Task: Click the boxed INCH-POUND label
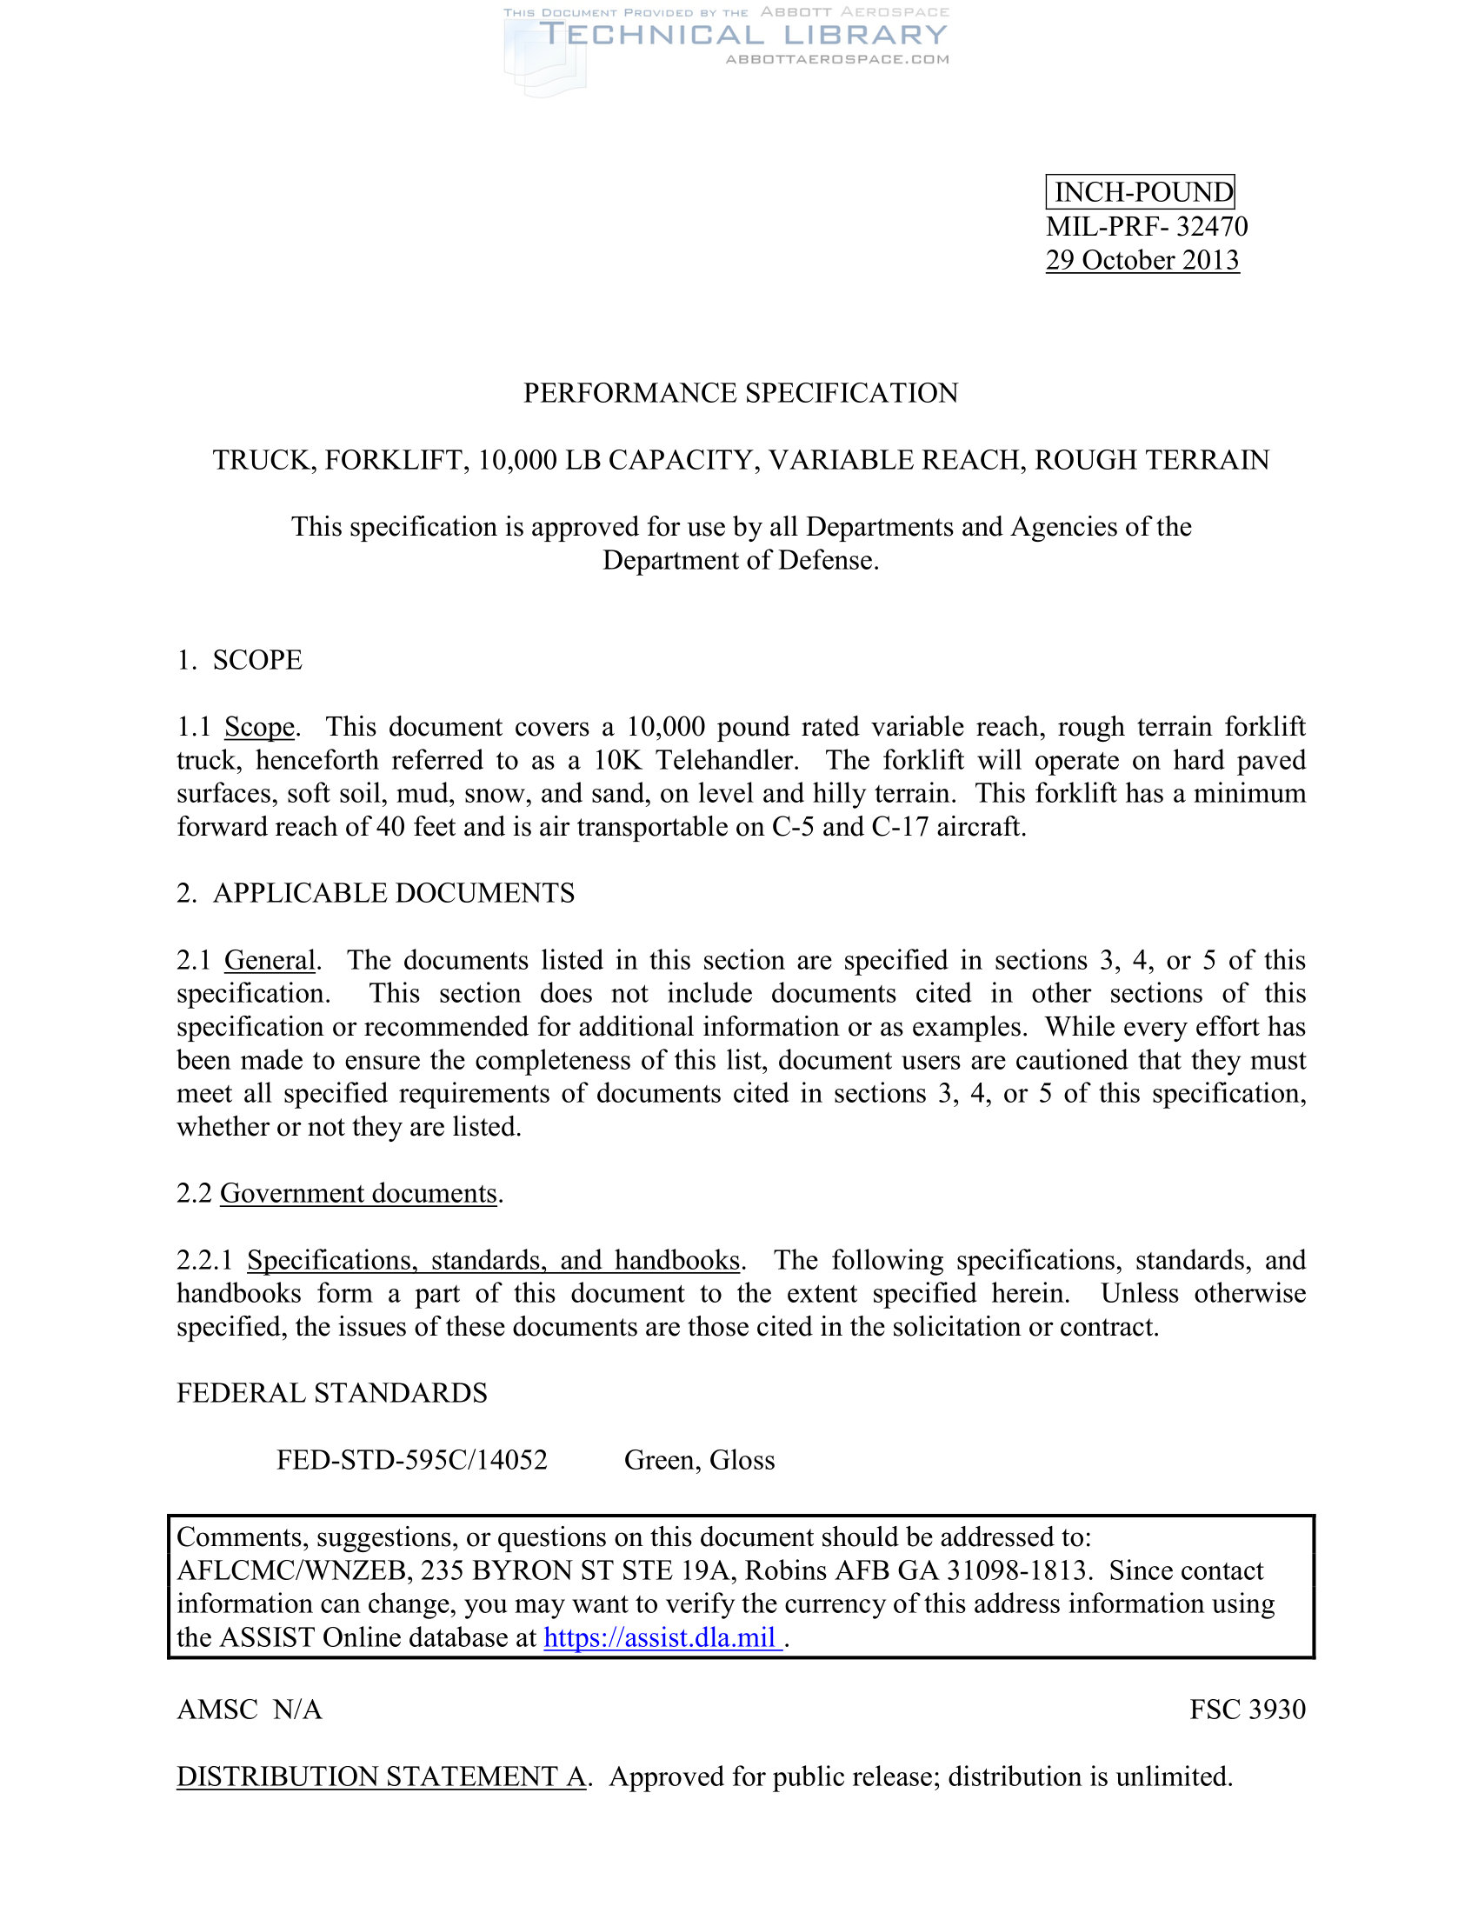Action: pyautogui.click(x=1140, y=192)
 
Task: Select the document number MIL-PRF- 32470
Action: pyautogui.click(x=1146, y=226)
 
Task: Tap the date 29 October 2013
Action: pyautogui.click(x=1142, y=260)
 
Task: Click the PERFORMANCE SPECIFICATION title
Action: pyautogui.click(x=740, y=392)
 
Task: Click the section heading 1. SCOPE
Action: pyautogui.click(x=239, y=660)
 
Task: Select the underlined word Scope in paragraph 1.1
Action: pyautogui.click(x=259, y=727)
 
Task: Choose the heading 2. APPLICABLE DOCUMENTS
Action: pyautogui.click(x=376, y=893)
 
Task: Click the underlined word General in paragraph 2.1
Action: pyautogui.click(x=270, y=960)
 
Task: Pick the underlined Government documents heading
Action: pyautogui.click(x=358, y=1193)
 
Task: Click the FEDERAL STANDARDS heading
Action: pyautogui.click(x=332, y=1393)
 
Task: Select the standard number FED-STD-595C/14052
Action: pyautogui.click(x=411, y=1460)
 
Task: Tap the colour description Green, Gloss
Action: pyautogui.click(x=699, y=1460)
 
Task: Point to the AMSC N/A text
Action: pyautogui.click(x=250, y=1709)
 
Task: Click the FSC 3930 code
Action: pyautogui.click(x=1247, y=1709)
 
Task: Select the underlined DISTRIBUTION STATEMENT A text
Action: pyautogui.click(x=381, y=1776)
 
